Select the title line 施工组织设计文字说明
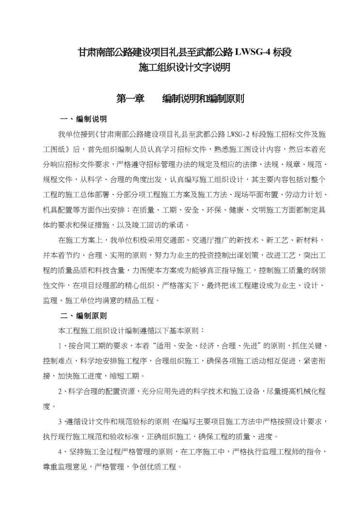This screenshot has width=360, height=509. point(180,68)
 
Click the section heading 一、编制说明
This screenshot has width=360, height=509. point(83,119)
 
